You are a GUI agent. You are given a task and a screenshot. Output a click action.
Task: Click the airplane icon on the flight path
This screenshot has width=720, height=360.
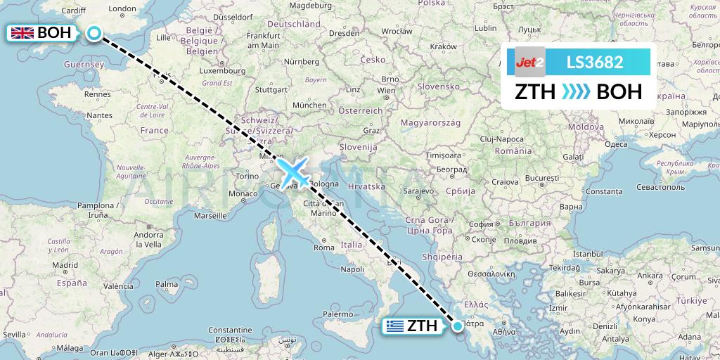[294, 171]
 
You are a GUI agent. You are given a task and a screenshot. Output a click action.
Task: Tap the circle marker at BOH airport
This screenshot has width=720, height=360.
[94, 32]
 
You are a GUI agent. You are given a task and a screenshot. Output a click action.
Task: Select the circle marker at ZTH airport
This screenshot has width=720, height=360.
[458, 326]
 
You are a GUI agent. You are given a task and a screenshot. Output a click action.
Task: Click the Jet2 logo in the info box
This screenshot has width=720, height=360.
[529, 62]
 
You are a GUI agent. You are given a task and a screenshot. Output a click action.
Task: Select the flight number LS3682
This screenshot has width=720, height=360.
[595, 62]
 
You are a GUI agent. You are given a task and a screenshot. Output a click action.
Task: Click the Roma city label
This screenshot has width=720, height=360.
[324, 247]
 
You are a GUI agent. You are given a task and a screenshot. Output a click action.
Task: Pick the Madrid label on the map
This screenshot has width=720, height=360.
[65, 265]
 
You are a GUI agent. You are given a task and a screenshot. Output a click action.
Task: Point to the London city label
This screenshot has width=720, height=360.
[123, 9]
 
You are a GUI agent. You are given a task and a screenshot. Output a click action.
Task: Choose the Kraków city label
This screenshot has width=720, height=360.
[444, 46]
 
